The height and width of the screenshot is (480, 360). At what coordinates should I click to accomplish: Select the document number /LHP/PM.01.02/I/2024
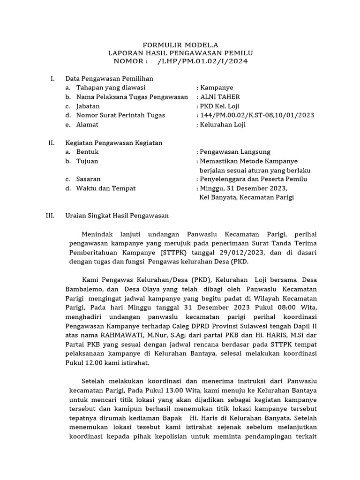tap(203, 61)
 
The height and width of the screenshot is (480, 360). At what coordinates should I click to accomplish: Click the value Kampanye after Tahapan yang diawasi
tap(216, 88)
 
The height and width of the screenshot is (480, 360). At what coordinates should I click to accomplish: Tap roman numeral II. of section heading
tap(52, 143)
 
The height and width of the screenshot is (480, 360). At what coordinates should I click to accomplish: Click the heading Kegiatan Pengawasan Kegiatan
tap(113, 143)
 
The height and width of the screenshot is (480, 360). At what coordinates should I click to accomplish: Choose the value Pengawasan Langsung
tap(235, 152)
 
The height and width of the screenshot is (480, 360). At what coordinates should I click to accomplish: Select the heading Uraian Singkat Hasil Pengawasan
tap(117, 216)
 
